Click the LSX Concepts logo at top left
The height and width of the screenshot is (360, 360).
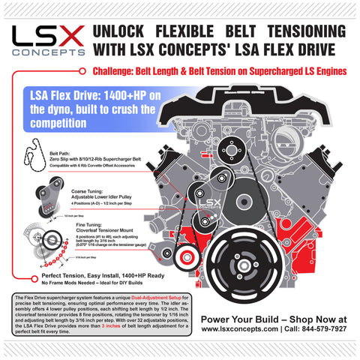coord(46,40)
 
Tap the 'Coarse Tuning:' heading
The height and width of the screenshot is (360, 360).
coord(69,193)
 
